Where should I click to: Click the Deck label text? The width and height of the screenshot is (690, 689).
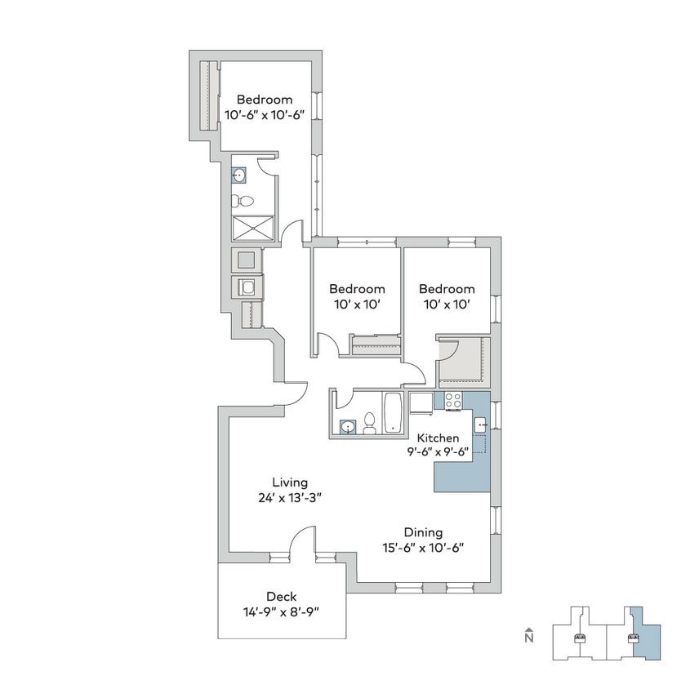(x=280, y=596)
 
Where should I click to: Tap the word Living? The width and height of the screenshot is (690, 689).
(x=291, y=482)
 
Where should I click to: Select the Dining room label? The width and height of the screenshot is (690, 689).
(x=423, y=532)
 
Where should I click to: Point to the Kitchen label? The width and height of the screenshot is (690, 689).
(x=438, y=438)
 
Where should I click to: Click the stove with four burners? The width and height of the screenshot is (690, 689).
(x=453, y=401)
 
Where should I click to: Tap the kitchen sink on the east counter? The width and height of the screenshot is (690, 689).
(x=481, y=423)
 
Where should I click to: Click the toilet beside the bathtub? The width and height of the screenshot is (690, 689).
(x=369, y=423)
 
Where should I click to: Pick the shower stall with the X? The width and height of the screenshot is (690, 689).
(x=252, y=228)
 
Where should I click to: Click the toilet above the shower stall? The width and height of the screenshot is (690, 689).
(x=238, y=200)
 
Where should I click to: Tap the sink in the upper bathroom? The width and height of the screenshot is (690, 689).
(x=239, y=174)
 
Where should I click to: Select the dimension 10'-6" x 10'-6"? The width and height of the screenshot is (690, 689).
(x=265, y=115)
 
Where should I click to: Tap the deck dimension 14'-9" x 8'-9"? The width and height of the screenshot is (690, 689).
(x=280, y=611)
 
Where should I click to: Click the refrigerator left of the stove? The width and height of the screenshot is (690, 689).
(x=421, y=404)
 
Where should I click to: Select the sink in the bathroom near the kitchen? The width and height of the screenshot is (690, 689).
(x=348, y=426)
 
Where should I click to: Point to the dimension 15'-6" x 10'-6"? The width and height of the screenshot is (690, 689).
(x=423, y=548)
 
